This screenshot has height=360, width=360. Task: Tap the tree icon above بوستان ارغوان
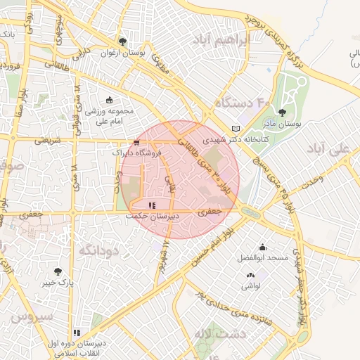click(123, 41)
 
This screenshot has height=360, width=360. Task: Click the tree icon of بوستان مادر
click(283, 112)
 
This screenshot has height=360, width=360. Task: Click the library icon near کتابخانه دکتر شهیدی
click(236, 129)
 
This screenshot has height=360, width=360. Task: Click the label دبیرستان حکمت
click(152, 217)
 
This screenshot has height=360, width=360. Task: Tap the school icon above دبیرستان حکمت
click(152, 205)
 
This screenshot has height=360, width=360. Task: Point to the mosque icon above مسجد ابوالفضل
click(262, 247)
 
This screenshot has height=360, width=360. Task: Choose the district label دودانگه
click(96, 250)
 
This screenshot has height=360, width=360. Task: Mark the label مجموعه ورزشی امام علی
click(110, 117)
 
